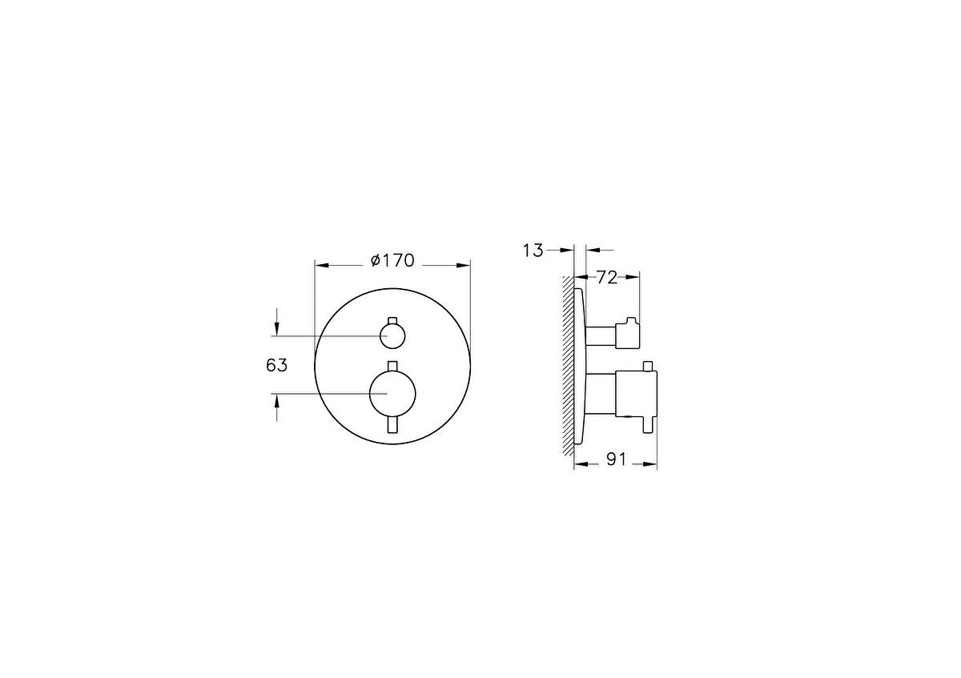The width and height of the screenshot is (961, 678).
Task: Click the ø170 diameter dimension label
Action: tap(392, 260)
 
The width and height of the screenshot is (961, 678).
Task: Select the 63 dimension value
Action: tap(277, 365)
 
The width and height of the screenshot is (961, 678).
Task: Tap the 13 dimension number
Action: tap(533, 251)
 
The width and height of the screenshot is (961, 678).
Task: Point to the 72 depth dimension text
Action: tap(607, 278)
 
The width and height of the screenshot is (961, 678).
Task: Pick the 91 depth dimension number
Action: tap(617, 459)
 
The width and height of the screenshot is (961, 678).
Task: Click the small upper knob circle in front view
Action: tap(392, 335)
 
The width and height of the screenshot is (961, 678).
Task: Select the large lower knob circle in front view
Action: tap(392, 393)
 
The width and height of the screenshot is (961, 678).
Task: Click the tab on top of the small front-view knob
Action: tap(392, 321)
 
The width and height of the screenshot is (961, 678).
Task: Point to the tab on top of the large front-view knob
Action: tap(392, 366)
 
